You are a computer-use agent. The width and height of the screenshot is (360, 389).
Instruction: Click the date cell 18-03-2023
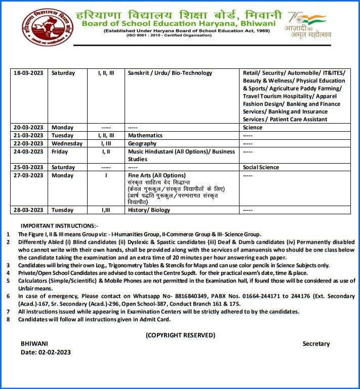pyautogui.click(x=28, y=73)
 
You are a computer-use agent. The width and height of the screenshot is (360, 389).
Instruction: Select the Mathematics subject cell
pyautogui.click(x=145, y=135)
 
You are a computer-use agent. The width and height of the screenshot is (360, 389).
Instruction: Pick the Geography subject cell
pyautogui.click(x=143, y=143)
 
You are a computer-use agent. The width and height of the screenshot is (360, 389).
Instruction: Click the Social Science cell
pyautogui.click(x=261, y=167)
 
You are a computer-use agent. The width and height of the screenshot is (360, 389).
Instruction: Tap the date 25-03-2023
pyautogui.click(x=28, y=167)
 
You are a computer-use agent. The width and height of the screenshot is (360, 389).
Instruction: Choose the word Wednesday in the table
pyautogui.click(x=67, y=143)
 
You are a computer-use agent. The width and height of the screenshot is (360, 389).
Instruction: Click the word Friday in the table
pyautogui.click(x=60, y=151)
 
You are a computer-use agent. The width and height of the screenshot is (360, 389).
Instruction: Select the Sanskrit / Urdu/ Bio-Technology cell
pyautogui.click(x=163, y=73)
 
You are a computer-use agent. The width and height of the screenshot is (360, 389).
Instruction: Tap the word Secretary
pyautogui.click(x=316, y=344)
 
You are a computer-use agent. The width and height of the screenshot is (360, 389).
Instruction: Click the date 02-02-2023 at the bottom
pyautogui.click(x=53, y=352)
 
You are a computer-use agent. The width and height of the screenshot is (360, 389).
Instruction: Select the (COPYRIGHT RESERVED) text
pyautogui.click(x=180, y=335)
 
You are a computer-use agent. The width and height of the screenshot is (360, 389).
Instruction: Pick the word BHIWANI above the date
pyautogui.click(x=34, y=343)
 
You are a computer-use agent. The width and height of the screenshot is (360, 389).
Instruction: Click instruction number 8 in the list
pyautogui.click(x=8, y=320)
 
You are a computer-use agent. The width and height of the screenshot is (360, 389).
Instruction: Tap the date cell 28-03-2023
pyautogui.click(x=28, y=209)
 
